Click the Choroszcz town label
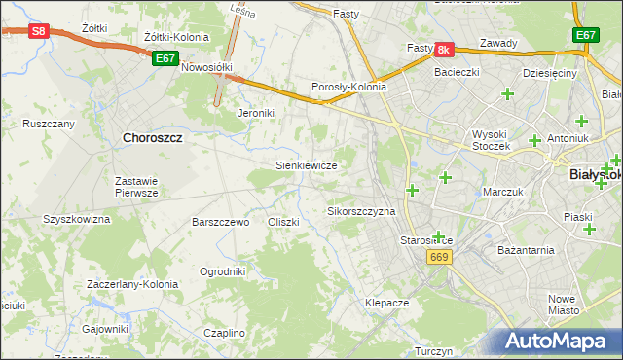[x=153, y=138]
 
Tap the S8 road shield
[x=38, y=31]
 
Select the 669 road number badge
[x=439, y=256]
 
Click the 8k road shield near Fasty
[x=444, y=49]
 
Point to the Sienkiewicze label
[x=307, y=165]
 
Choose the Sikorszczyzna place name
[x=361, y=211]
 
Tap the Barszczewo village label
[x=221, y=222]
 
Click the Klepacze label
[x=386, y=303]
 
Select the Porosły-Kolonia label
[x=348, y=87]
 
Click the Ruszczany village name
[x=49, y=124]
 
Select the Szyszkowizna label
[x=76, y=220]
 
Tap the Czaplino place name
[x=224, y=333]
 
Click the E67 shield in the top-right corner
[x=586, y=35]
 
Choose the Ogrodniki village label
[x=222, y=271]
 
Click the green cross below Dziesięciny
[x=507, y=93]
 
